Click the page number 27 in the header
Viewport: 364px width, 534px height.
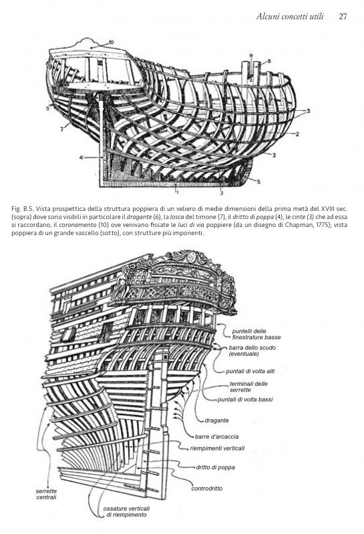pyautogui.click(x=343, y=15)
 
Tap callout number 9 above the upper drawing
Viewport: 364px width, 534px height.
pyautogui.click(x=250, y=55)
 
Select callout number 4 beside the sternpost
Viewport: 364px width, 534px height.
pyautogui.click(x=79, y=158)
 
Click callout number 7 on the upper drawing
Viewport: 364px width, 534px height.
pyautogui.click(x=62, y=126)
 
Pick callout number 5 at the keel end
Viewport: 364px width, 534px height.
pyautogui.click(x=260, y=182)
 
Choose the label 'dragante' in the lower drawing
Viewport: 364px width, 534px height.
pyautogui.click(x=216, y=421)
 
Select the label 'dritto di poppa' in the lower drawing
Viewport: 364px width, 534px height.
pyautogui.click(x=215, y=467)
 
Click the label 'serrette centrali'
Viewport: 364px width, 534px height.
pyautogui.click(x=46, y=494)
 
